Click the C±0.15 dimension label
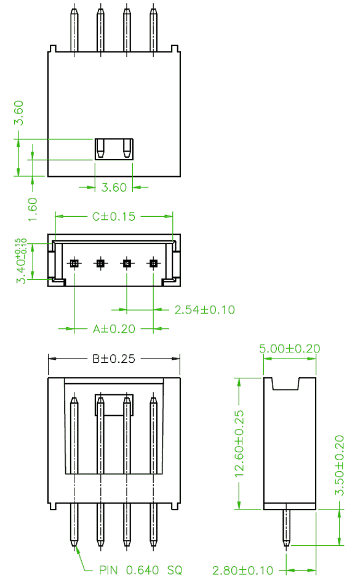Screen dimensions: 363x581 click(114, 216)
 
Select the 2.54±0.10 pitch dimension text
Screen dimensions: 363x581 click(205, 310)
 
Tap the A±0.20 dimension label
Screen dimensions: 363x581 click(114, 328)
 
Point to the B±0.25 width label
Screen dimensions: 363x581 click(114, 359)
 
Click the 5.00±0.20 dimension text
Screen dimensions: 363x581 click(289, 348)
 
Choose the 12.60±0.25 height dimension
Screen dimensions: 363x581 click(239, 443)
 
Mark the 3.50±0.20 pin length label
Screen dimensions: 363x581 click(340, 465)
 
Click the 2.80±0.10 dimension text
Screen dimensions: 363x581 click(243, 570)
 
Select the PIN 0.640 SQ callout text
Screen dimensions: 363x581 click(141, 570)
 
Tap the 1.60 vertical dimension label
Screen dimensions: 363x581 click(33, 209)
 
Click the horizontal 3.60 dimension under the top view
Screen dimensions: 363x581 click(114, 187)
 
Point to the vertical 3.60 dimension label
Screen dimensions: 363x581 click(18, 113)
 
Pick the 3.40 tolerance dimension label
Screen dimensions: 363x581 click(21, 261)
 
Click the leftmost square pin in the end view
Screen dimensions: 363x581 click(74, 264)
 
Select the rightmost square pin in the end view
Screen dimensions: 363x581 click(153, 264)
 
